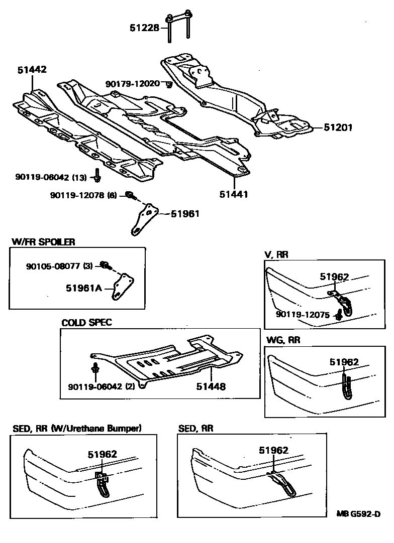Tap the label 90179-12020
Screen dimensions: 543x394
point(132,83)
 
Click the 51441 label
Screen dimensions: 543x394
point(234,194)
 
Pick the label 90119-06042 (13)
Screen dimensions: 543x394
point(51,177)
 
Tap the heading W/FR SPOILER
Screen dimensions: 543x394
point(43,242)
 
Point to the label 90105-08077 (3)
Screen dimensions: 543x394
point(59,266)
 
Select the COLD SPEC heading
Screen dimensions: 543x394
point(86,322)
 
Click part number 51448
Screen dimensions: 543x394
point(211,386)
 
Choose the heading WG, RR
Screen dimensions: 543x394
point(282,340)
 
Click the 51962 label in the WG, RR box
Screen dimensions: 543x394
point(344,361)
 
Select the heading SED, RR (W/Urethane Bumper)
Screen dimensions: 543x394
point(77,428)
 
